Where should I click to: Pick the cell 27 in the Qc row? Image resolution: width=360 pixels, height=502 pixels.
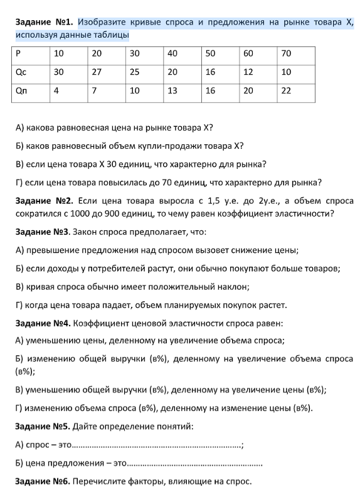[97, 72]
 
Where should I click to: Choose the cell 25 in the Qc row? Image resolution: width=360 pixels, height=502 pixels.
[135, 72]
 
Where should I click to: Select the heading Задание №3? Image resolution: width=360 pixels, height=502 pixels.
[43, 232]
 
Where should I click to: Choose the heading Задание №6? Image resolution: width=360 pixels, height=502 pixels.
[43, 482]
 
